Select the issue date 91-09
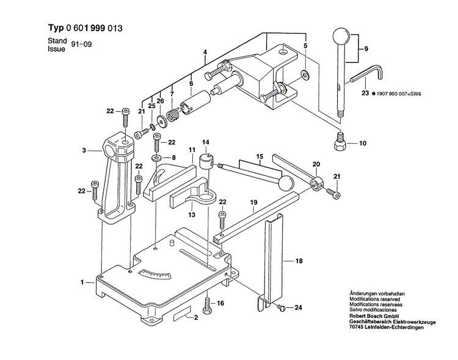coord(81,45)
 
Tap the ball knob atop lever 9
coord(340,36)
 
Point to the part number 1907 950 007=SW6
coord(401,94)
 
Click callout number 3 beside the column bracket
coord(86,149)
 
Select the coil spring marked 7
coord(174,112)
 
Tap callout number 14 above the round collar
coord(206,143)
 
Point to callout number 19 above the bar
coord(252,202)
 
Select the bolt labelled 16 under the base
coord(209,303)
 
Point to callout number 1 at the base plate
coord(81,283)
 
